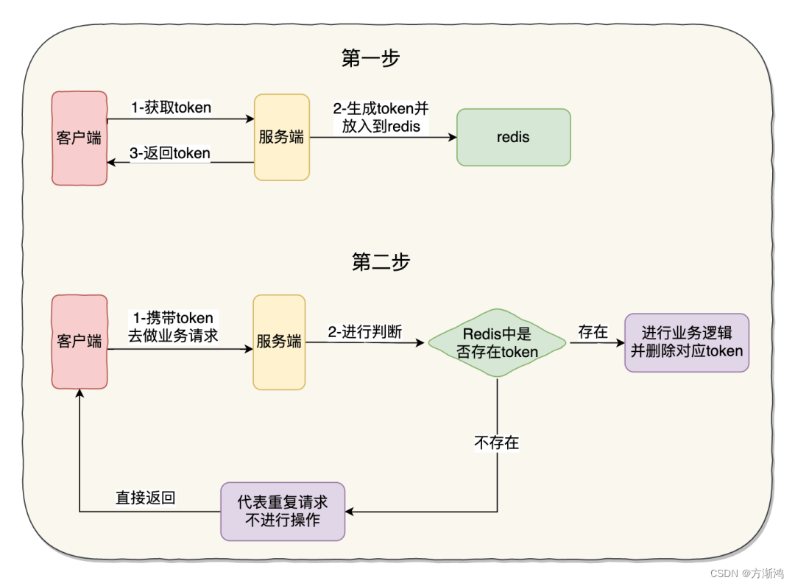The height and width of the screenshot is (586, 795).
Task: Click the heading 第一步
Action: point(370,59)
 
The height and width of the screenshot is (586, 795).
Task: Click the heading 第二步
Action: point(381,261)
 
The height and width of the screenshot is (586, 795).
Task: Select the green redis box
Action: point(513,137)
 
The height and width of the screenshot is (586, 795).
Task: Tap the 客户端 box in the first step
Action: point(79,138)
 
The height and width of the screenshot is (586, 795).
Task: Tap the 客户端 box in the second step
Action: point(79,342)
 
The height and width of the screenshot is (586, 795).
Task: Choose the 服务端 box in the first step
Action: point(281,137)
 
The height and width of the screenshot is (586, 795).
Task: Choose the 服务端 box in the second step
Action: point(279,342)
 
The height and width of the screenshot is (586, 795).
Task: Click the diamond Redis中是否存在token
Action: point(497,343)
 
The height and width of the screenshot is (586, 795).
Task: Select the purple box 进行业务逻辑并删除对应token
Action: point(686,342)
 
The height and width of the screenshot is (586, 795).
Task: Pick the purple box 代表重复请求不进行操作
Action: point(283,512)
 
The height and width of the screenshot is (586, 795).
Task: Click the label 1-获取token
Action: point(172,107)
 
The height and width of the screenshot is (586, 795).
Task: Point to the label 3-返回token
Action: point(170,153)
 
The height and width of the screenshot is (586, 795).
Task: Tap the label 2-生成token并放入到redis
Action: point(381,117)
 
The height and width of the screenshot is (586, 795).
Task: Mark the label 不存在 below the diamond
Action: point(497,442)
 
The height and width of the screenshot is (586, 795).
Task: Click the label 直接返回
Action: point(145,498)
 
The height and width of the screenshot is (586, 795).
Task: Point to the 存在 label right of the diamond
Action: point(593,332)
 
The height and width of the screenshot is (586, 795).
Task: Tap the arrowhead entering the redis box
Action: point(452,137)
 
